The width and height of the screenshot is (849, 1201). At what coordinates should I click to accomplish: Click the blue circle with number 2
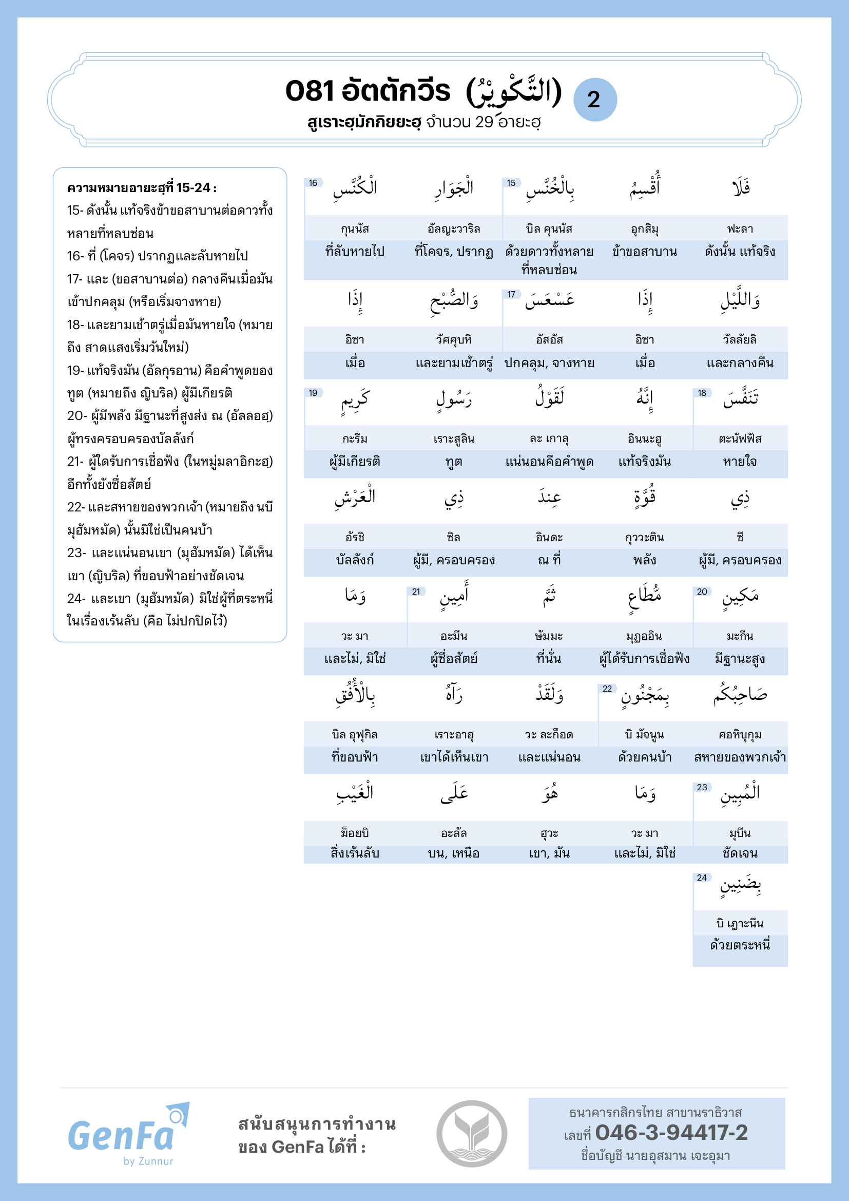point(594,100)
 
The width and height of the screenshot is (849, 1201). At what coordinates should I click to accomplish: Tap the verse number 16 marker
point(313,183)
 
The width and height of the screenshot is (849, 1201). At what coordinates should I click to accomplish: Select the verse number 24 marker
point(702,878)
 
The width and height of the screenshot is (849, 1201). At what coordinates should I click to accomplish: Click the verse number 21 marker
point(416,592)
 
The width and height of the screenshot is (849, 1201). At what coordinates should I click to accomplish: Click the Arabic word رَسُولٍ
point(454,399)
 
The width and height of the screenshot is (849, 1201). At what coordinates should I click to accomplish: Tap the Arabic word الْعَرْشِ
point(355,498)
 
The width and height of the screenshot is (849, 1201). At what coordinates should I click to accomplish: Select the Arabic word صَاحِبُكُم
point(740,695)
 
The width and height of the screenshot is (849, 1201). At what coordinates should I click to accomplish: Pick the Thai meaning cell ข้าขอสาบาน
point(645,252)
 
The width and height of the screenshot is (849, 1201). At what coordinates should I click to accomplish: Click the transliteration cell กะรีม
point(355,439)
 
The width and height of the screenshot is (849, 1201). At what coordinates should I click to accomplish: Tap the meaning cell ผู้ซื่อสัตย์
point(454,659)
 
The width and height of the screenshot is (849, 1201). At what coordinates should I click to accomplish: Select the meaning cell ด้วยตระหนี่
point(740,945)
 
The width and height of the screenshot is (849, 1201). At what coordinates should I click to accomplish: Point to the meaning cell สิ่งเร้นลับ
point(355,853)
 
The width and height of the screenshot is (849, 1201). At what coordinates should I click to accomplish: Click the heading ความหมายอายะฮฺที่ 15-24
point(142,188)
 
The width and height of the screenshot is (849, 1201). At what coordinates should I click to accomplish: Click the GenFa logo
point(128,1135)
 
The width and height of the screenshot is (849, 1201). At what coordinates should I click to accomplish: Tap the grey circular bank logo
point(472,1134)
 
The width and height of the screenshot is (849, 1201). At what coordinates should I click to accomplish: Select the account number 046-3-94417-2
point(671,1133)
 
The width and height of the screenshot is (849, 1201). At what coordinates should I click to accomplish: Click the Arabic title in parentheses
point(513,91)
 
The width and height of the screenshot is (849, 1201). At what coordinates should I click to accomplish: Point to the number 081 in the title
point(309,91)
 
